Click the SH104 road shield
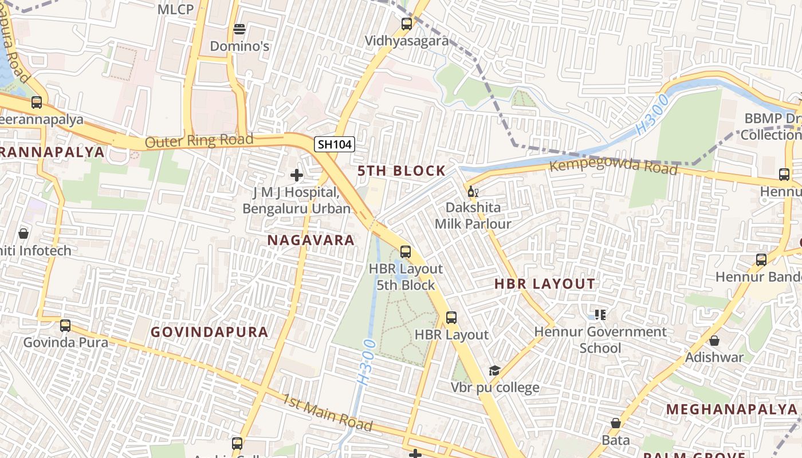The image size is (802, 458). point(335,144)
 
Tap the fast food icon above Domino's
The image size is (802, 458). point(239,29)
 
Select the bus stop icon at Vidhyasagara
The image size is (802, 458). point(407,24)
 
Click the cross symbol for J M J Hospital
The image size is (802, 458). point(297,175)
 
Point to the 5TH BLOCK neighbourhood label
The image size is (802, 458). point(401,171)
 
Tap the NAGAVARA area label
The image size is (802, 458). point(311,240)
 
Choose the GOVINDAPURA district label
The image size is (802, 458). point(209,332)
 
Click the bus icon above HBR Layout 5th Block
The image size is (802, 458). point(406,251)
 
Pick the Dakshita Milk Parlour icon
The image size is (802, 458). point(473,191)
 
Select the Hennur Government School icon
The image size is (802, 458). point(600,314)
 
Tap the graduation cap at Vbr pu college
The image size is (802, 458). point(494,371)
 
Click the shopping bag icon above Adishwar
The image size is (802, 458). point(714,341)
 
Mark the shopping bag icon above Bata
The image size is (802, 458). point(616,423)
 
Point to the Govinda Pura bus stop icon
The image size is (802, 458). point(65,325)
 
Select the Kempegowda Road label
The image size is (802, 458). point(613,167)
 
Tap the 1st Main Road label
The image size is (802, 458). point(327,412)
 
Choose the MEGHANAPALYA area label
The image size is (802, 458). point(732,409)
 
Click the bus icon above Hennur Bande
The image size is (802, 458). point(761,260)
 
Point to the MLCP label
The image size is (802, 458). point(175,9)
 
